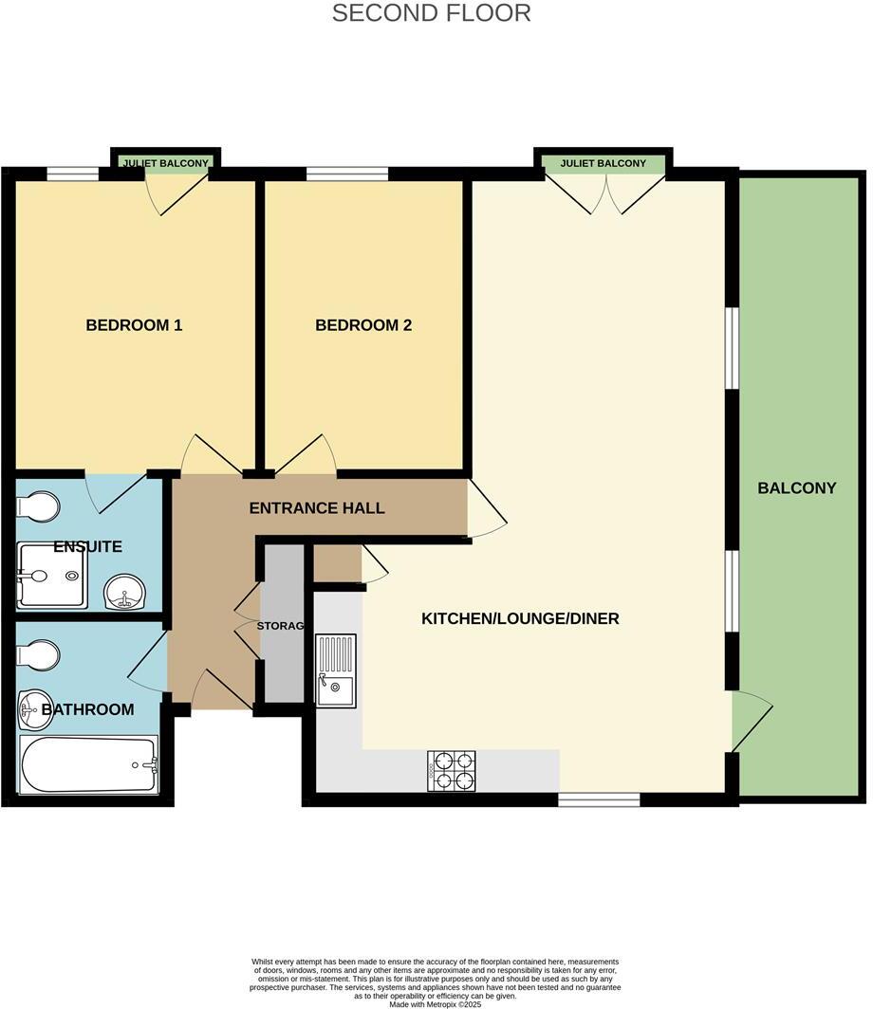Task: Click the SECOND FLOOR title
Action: click(431, 13)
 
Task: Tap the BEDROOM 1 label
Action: click(134, 325)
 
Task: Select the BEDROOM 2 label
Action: click(363, 325)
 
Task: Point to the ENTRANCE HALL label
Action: click(317, 508)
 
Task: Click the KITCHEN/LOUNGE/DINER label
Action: click(520, 618)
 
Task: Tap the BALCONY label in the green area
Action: click(797, 488)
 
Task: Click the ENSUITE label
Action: click(87, 547)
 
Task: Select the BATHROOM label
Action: click(87, 709)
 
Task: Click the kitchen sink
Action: click(336, 671)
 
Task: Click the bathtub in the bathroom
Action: click(87, 765)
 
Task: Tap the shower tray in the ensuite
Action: click(51, 576)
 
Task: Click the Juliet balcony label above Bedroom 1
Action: click(165, 163)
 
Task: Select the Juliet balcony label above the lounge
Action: click(603, 163)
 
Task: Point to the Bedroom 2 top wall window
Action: click(347, 174)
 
